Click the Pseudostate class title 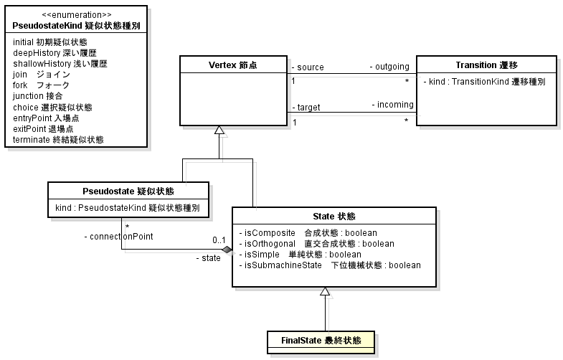[x=128, y=191]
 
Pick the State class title [x=334, y=217]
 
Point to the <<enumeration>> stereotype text [x=76, y=14]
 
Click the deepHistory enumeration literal [x=55, y=53]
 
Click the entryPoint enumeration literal [x=48, y=118]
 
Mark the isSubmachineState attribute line [x=330, y=265]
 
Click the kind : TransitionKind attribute [x=484, y=82]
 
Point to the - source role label [x=308, y=67]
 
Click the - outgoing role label [x=389, y=67]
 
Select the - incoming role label [x=392, y=105]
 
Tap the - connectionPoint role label [x=118, y=236]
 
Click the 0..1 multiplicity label [x=219, y=240]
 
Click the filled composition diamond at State [x=227, y=250]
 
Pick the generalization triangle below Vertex [x=220, y=131]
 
